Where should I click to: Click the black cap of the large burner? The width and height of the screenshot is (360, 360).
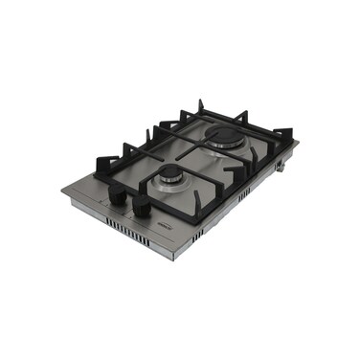click(x=225, y=136)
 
